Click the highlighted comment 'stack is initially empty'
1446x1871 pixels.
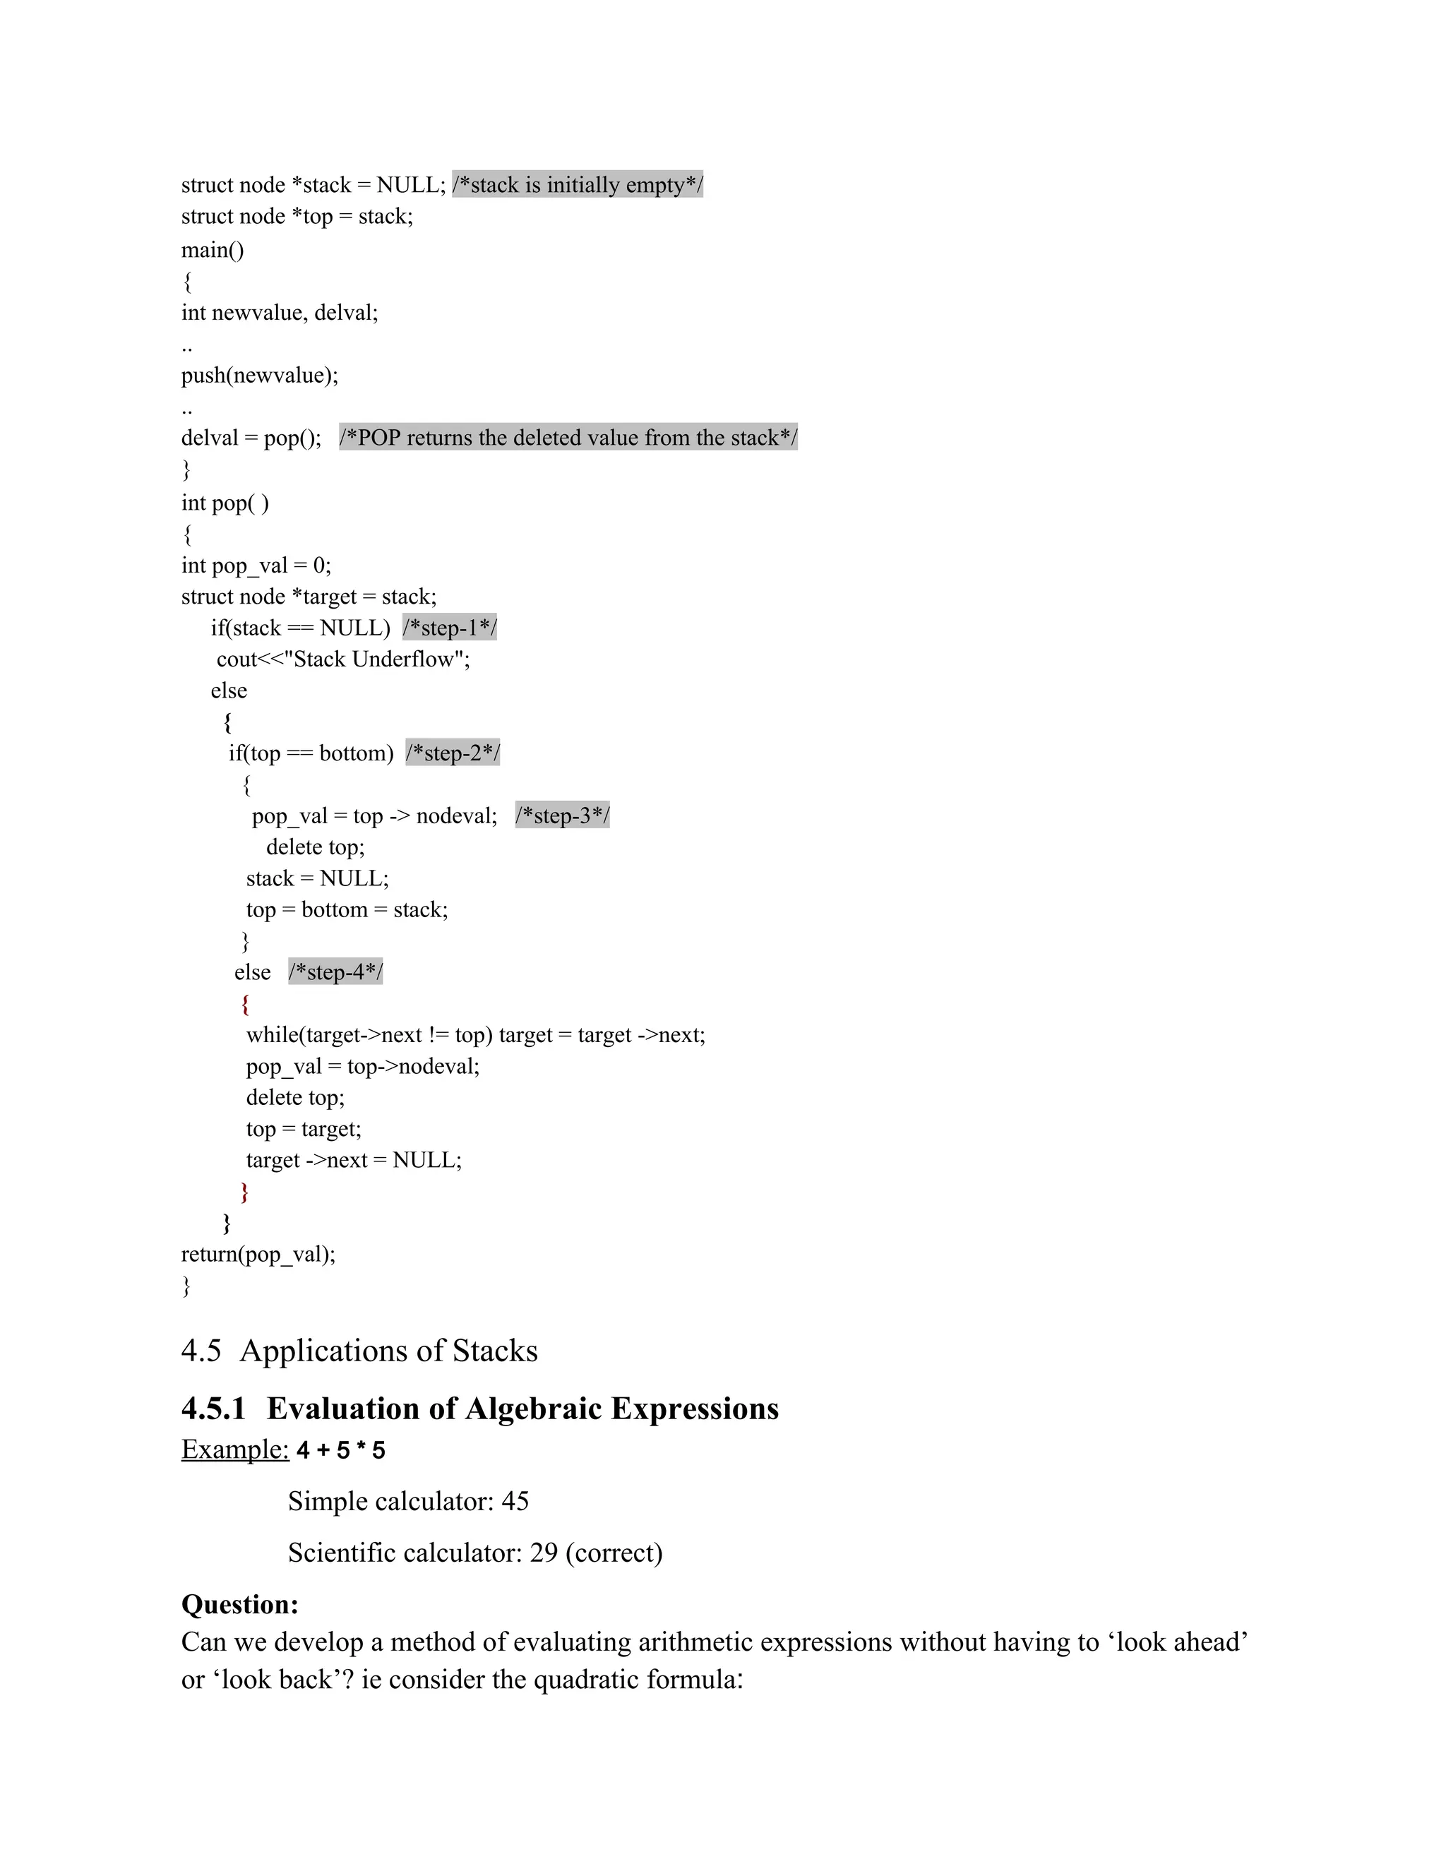tap(578, 185)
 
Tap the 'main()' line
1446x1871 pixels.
tap(213, 250)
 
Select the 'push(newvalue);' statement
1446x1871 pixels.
tap(260, 375)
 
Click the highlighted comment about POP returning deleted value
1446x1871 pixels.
tap(568, 438)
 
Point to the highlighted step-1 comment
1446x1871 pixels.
tap(450, 628)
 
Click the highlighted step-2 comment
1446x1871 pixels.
tap(453, 753)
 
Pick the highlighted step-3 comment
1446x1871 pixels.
tap(562, 815)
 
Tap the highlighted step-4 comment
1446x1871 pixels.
tap(335, 972)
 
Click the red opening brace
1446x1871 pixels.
tap(245, 1003)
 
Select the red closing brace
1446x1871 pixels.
tap(245, 1191)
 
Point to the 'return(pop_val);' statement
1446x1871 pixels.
tap(258, 1254)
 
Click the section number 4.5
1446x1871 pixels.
tap(201, 1351)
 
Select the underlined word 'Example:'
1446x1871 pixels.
tap(234, 1449)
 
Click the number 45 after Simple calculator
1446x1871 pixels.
tap(515, 1502)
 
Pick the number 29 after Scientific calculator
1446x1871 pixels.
tap(544, 1553)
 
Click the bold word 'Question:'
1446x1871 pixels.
tap(240, 1605)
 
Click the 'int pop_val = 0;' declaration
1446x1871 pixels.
tap(256, 566)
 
